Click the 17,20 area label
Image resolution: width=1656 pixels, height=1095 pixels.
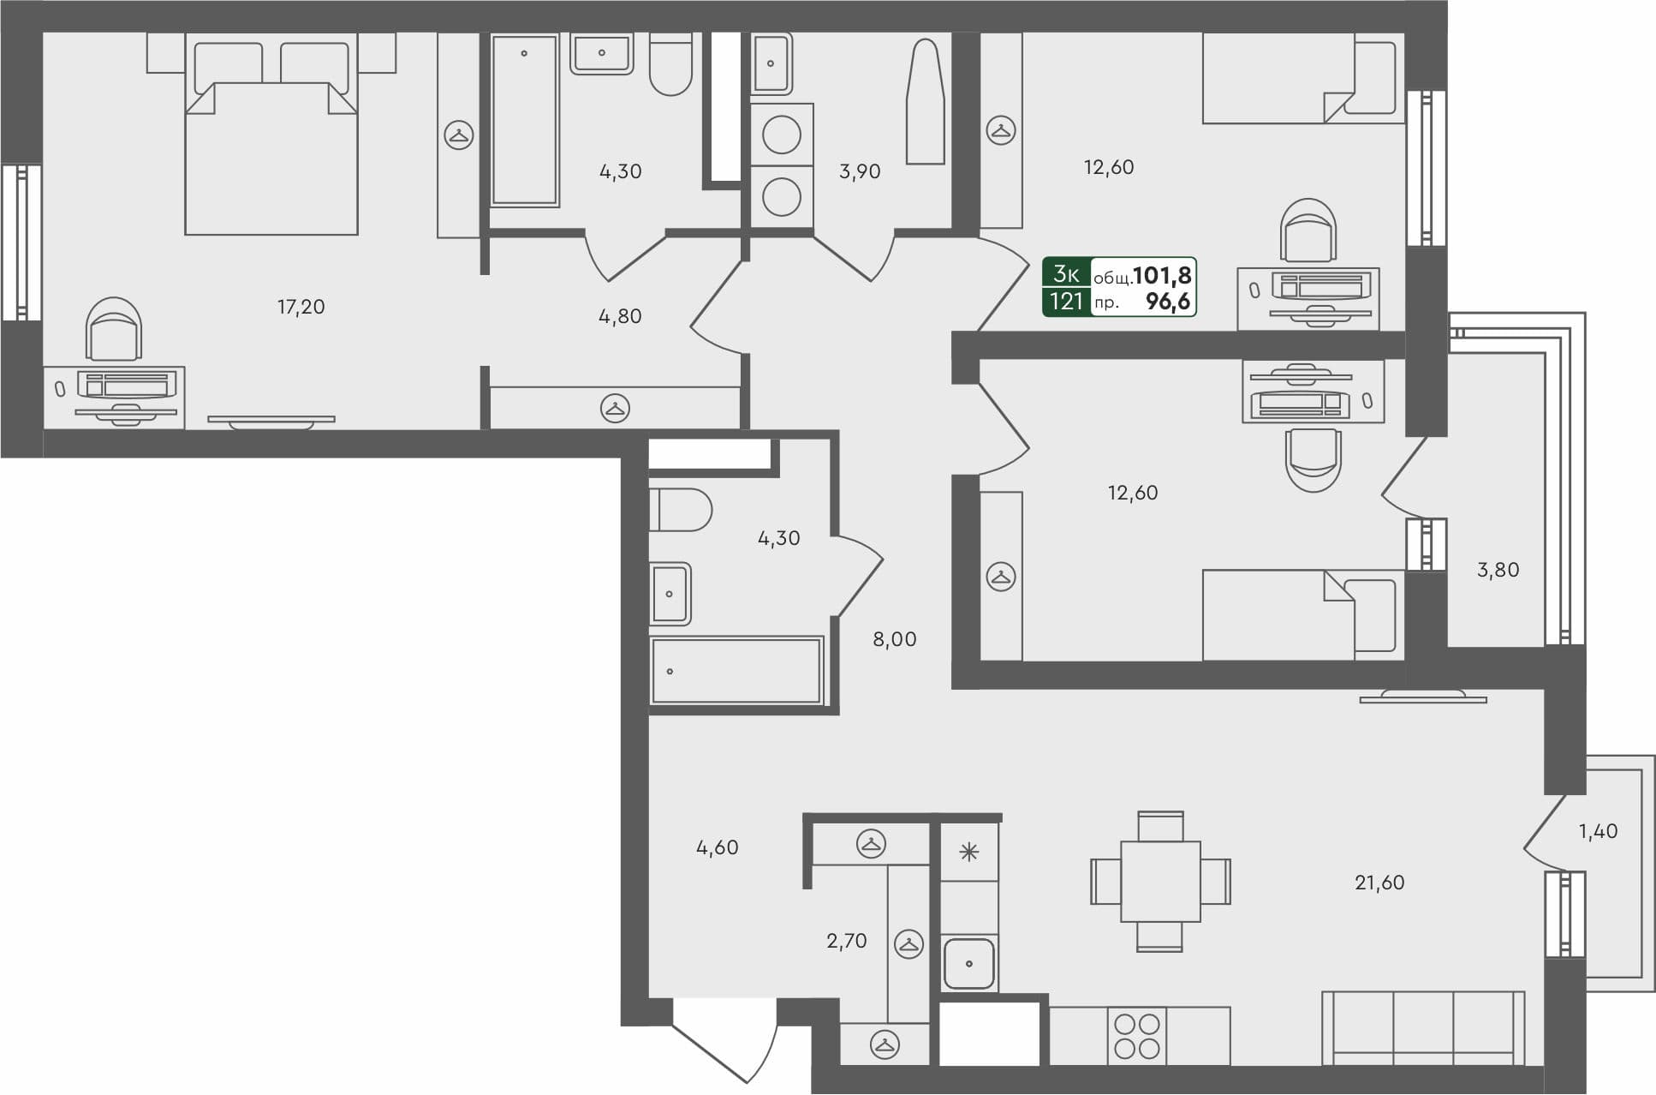(x=301, y=307)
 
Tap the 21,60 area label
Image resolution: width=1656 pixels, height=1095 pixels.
(x=1379, y=883)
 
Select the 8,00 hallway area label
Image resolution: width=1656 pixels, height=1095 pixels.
(x=894, y=639)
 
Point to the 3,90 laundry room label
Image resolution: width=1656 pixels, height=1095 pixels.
(x=860, y=171)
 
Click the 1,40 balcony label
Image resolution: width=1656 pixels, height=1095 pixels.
(x=1598, y=831)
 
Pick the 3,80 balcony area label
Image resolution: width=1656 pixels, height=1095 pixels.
(x=1498, y=570)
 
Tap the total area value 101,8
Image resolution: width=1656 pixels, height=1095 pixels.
(x=1162, y=275)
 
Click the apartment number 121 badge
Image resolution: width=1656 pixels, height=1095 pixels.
(x=1066, y=302)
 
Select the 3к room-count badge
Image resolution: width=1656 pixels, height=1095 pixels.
(x=1066, y=274)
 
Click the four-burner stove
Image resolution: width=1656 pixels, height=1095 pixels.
(x=1137, y=1036)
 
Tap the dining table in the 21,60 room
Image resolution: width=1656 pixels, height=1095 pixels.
(x=1160, y=881)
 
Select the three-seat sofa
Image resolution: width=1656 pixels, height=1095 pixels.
(x=1423, y=1028)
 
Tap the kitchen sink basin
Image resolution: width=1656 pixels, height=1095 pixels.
(x=969, y=963)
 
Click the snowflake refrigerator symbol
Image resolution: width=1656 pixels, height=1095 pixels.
(x=968, y=852)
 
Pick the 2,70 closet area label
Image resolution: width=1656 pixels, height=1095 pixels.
(x=846, y=941)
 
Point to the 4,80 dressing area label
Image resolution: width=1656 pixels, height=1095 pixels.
(x=619, y=316)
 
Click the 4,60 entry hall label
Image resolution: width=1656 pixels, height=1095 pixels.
(x=717, y=847)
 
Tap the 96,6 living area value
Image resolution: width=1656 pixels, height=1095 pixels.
(x=1168, y=302)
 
